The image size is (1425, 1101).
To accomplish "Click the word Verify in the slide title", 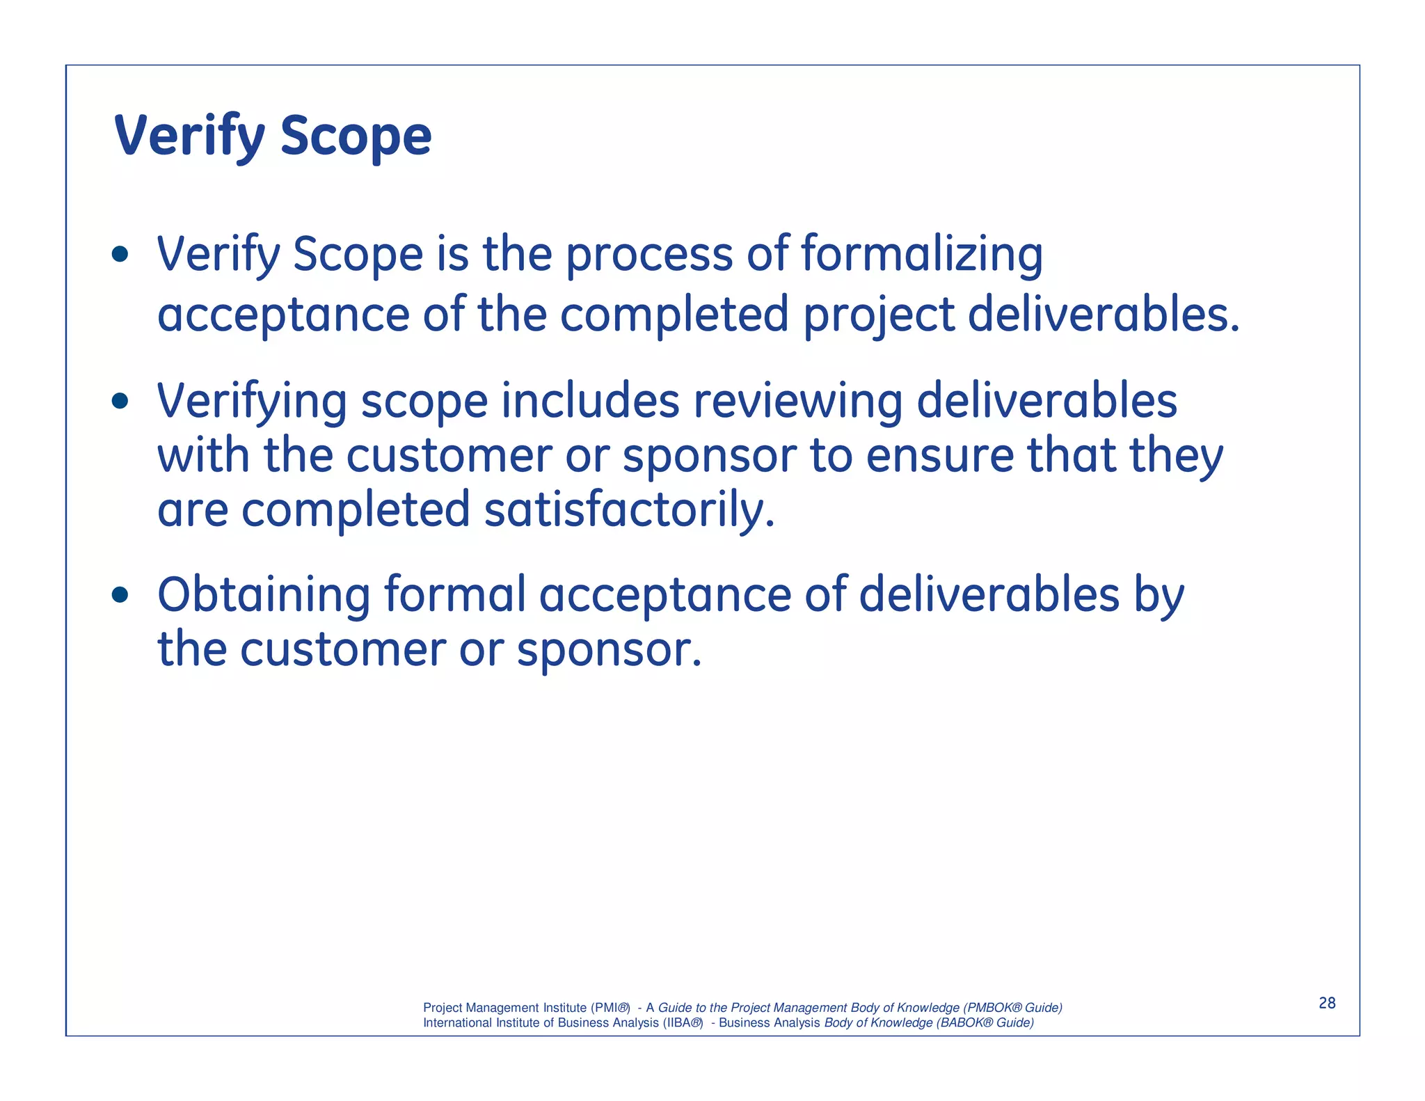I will coord(189,136).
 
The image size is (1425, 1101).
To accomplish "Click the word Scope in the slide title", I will coord(356,136).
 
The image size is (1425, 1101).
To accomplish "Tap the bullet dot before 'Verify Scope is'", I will coord(120,254).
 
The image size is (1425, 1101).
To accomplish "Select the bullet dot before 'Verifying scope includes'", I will coord(120,401).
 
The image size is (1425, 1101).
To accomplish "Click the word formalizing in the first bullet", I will coord(922,255).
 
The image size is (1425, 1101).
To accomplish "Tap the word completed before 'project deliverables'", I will coord(674,315).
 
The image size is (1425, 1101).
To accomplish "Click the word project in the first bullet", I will coord(878,315).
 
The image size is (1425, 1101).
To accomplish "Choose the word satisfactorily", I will coord(629,510).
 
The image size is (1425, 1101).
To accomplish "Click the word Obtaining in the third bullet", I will coord(264,595).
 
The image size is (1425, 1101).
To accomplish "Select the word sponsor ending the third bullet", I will coord(609,649).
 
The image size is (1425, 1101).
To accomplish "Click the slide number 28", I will coord(1327,1003).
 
